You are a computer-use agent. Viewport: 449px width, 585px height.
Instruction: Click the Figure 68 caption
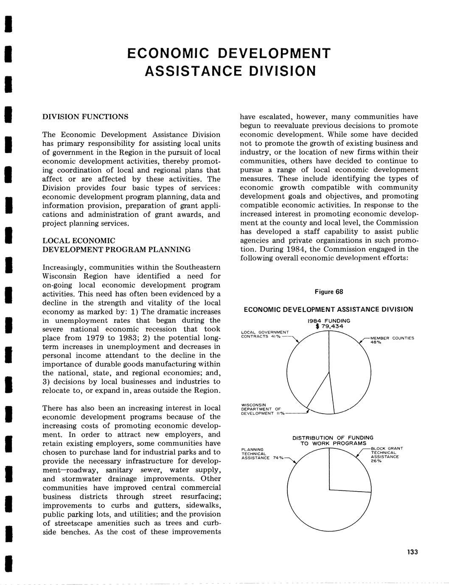(x=328, y=292)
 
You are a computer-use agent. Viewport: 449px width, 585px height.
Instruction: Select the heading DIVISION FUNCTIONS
(x=85, y=117)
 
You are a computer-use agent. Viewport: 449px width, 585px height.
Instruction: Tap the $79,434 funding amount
(x=329, y=326)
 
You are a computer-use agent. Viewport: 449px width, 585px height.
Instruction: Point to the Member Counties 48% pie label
(x=386, y=340)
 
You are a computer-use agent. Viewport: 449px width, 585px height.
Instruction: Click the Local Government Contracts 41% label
(x=264, y=334)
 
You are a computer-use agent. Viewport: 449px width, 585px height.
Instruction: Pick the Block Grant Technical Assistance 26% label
(x=386, y=454)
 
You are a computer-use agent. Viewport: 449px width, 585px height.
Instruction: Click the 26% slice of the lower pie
(x=349, y=471)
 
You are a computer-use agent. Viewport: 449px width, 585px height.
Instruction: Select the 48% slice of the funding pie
(x=350, y=369)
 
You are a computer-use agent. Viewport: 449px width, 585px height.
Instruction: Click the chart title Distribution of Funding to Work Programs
(x=333, y=440)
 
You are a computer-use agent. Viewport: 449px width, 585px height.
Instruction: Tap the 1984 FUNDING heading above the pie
(x=329, y=321)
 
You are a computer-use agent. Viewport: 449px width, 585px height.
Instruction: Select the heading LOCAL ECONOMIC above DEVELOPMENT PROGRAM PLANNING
(x=79, y=241)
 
